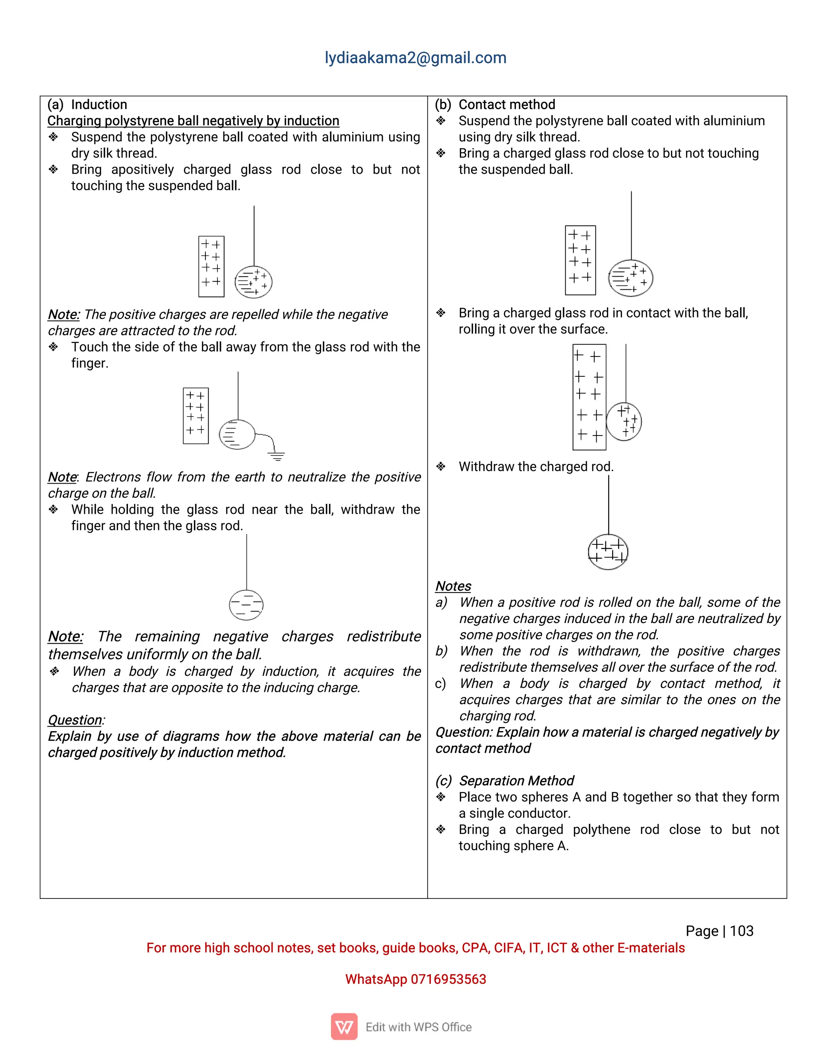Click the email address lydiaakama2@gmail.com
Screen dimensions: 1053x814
point(415,58)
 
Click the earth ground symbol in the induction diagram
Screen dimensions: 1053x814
point(277,456)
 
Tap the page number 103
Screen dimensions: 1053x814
point(741,931)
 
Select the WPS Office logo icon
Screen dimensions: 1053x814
point(344,1026)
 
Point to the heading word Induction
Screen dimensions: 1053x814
point(99,105)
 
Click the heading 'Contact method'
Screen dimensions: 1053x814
point(506,105)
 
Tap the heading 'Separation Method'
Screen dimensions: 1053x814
point(516,780)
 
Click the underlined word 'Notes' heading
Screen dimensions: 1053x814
point(453,586)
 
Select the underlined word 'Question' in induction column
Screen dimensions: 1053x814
point(75,720)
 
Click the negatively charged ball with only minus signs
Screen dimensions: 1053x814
point(246,605)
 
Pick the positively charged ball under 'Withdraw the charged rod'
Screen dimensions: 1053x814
point(608,552)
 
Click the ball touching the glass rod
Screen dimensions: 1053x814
point(624,421)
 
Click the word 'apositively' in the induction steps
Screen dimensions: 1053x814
point(142,170)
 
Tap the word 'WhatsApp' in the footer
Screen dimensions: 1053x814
point(376,979)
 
